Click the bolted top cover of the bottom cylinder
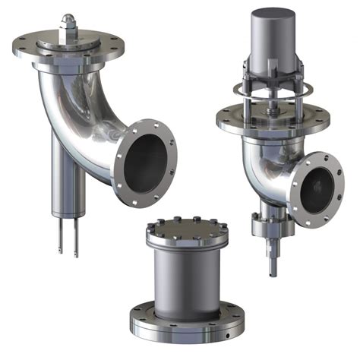[186, 226]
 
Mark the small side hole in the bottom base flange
[227, 332]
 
